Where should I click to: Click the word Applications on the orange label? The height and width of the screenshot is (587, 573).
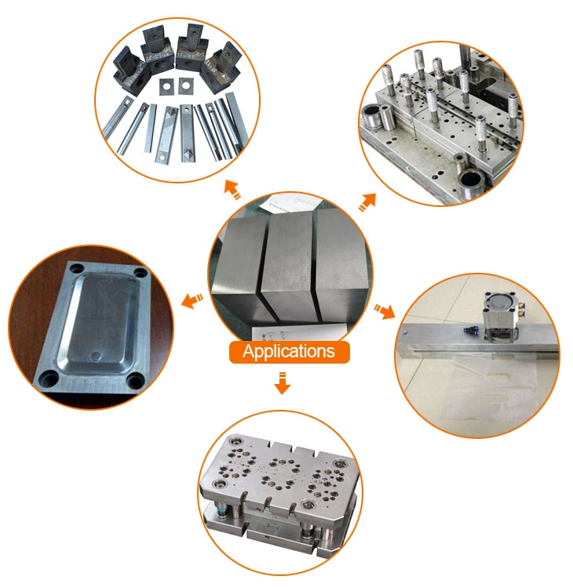click(x=288, y=352)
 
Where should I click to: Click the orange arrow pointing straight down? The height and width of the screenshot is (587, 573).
click(x=283, y=383)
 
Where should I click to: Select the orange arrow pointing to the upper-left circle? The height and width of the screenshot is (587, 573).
click(x=232, y=190)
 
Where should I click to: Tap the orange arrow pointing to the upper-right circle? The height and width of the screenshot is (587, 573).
click(x=367, y=202)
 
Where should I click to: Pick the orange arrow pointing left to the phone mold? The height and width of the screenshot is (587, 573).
click(x=192, y=301)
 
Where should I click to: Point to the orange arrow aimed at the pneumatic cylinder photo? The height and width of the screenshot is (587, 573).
click(x=385, y=311)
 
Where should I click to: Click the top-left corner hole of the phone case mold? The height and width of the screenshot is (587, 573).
click(x=78, y=268)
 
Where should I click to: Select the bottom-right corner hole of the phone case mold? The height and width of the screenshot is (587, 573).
click(x=135, y=382)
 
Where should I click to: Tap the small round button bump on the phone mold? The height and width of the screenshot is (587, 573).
click(x=97, y=355)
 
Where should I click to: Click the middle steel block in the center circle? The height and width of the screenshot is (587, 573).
click(x=290, y=268)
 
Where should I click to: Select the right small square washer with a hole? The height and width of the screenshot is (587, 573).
click(x=184, y=85)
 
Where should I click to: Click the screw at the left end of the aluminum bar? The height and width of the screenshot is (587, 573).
click(x=404, y=332)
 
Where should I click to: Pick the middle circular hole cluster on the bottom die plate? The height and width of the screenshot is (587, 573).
click(x=279, y=473)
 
